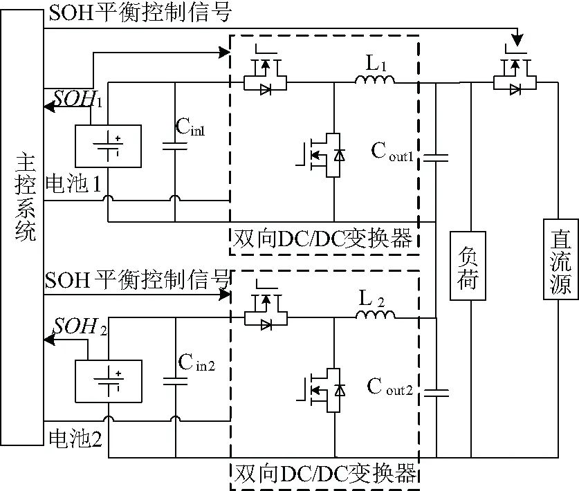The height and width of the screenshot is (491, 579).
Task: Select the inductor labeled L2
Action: pos(375,315)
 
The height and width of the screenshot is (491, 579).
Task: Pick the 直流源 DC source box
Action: pos(559,257)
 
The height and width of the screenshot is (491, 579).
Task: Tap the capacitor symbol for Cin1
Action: pos(175,146)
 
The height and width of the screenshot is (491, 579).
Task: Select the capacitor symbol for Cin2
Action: pos(175,380)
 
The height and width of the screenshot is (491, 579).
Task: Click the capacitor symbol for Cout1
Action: pos(436,158)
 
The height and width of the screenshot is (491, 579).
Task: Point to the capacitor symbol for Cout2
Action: pos(436,393)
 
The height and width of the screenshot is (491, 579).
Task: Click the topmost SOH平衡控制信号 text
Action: pos(138,12)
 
